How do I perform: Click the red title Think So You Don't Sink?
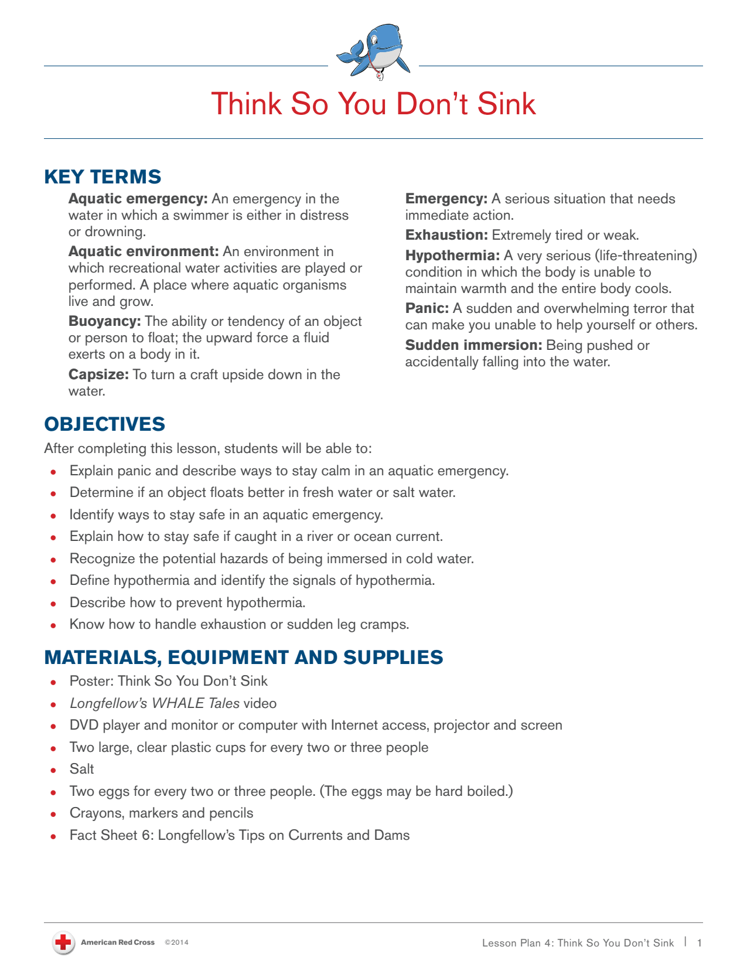[373, 104]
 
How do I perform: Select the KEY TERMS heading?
[103, 176]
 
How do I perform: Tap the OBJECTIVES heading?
[104, 424]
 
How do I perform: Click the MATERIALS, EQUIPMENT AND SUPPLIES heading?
[243, 657]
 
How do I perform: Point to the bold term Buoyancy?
[104, 321]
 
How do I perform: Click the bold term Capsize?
[98, 374]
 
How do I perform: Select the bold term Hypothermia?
[452, 256]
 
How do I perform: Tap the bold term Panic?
[427, 308]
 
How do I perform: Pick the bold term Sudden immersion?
[473, 345]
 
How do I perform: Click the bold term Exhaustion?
[446, 235]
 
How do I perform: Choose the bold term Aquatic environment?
[143, 251]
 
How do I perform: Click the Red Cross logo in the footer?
[63, 942]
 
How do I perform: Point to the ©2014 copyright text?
[176, 942]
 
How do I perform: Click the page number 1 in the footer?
[699, 942]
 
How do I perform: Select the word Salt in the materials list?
[81, 769]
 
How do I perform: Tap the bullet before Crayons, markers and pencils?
[53, 813]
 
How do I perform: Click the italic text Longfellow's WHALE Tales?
[154, 703]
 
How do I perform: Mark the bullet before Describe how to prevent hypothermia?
[53, 603]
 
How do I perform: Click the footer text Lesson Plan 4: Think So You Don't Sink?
[578, 942]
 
